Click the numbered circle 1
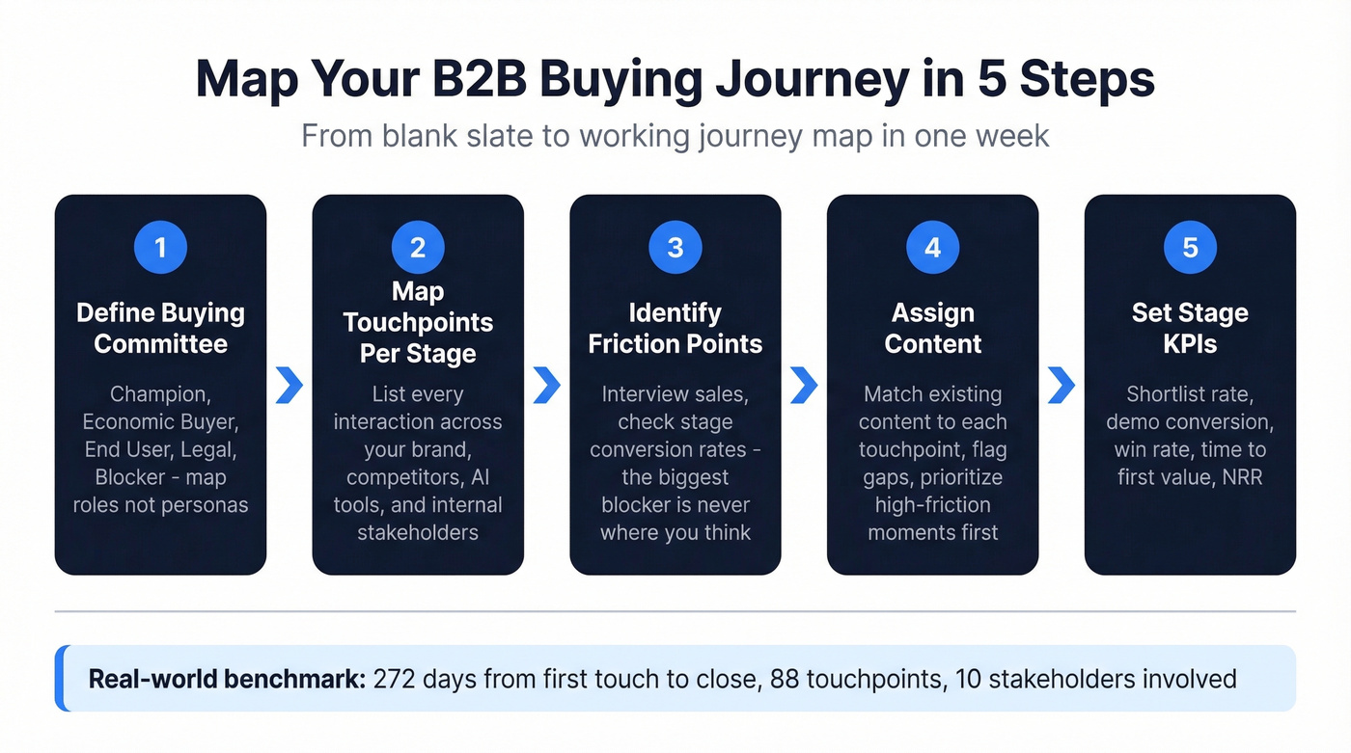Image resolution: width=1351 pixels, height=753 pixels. tap(160, 248)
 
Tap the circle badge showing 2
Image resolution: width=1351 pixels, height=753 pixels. tap(418, 248)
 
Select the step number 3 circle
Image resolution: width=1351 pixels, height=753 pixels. tap(675, 248)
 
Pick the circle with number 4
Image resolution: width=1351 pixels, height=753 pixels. tap(932, 248)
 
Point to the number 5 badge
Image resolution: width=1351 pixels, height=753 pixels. tap(1190, 248)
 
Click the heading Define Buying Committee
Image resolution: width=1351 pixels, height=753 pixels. tap(160, 328)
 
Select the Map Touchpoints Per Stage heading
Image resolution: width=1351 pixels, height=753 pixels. tap(418, 322)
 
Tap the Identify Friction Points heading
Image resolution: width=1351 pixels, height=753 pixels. tap(675, 328)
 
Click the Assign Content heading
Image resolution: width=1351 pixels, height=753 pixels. tap(932, 328)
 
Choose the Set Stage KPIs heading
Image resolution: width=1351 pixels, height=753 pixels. tap(1190, 328)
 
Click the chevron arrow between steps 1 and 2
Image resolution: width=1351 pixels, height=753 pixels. tap(289, 385)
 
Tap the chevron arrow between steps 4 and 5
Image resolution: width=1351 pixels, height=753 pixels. tap(1061, 385)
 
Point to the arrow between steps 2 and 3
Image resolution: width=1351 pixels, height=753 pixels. tap(546, 385)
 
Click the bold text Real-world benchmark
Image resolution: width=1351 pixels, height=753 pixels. tap(227, 678)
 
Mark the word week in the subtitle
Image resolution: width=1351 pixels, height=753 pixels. tap(1013, 135)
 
